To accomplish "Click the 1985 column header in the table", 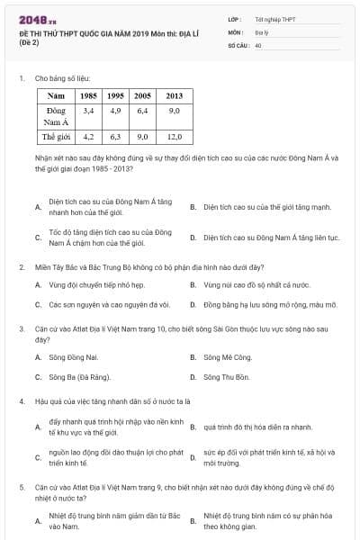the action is [88, 94].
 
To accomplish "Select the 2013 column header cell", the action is [174, 94].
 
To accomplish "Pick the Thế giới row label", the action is [56, 138].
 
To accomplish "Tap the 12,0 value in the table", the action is [174, 138].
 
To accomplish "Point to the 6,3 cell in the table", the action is [115, 138].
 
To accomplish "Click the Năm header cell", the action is [56, 94].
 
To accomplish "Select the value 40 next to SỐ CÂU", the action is [257, 44].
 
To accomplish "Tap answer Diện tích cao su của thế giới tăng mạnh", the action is [255, 206].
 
